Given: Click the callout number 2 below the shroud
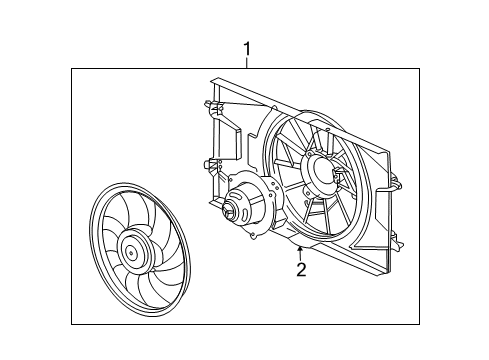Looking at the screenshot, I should click(300, 268).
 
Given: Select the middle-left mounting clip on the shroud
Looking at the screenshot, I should click(208, 162).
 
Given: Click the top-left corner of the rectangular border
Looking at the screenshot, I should click(71, 67).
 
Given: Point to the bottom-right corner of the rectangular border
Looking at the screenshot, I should click(418, 325).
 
